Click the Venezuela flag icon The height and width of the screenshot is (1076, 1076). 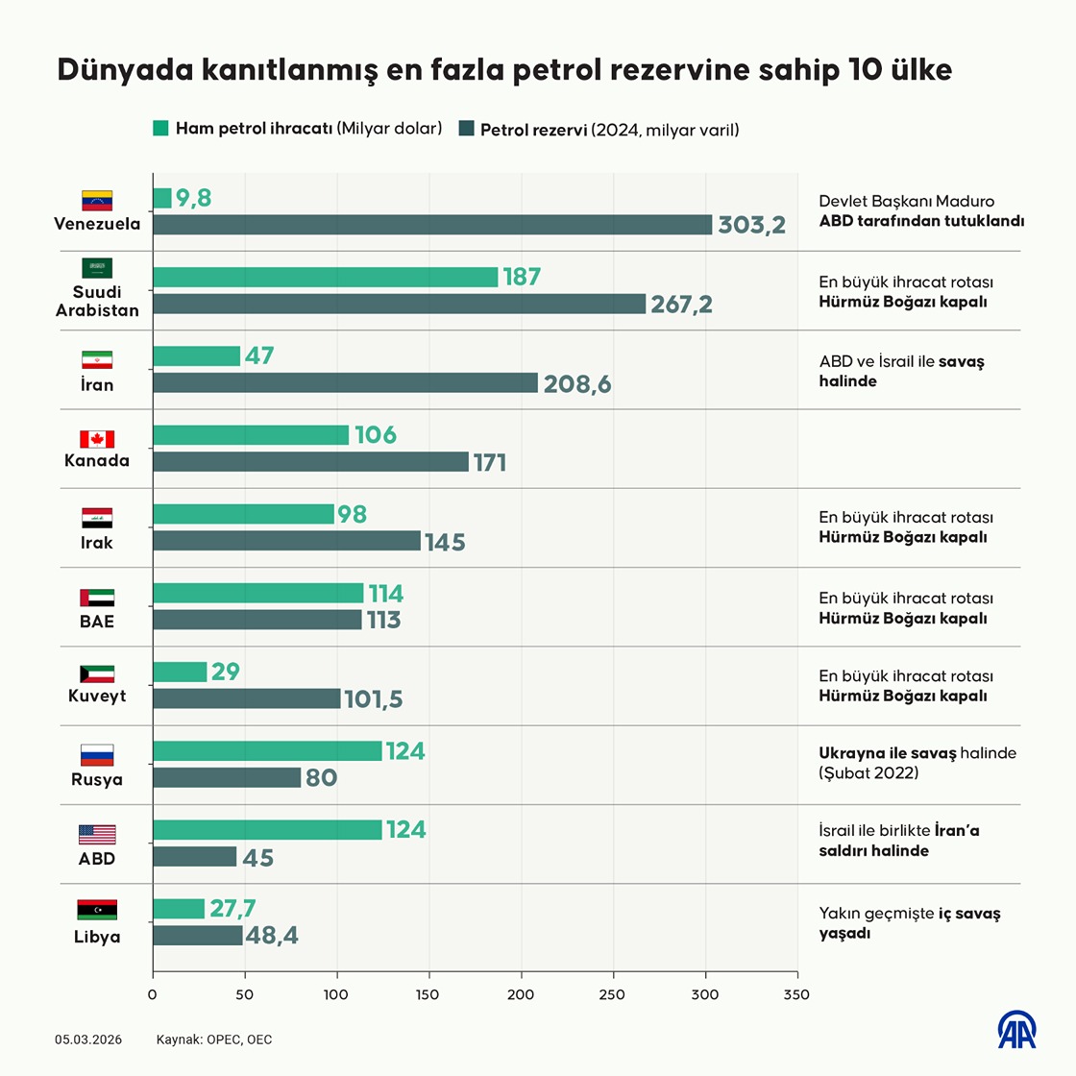coord(97,201)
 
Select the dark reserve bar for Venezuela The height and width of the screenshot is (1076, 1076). coord(432,225)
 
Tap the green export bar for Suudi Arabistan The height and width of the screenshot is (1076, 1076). coord(325,277)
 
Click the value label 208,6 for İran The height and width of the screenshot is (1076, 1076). coord(576,384)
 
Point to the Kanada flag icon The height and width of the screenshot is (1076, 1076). coord(97,439)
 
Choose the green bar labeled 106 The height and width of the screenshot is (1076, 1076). coord(251,435)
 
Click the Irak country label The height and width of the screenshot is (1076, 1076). coord(97,543)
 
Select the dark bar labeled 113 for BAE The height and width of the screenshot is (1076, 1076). coord(257,620)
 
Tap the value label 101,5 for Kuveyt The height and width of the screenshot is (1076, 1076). coord(373,699)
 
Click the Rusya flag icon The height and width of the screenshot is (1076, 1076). coord(97,755)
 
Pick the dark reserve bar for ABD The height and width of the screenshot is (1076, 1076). coord(195,857)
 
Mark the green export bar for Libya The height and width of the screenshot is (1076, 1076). coord(179,908)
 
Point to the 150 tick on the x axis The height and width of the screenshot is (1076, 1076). coord(428,994)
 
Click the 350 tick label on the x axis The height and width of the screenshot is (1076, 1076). coord(796,994)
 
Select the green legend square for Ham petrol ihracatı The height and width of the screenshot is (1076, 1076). coord(160,128)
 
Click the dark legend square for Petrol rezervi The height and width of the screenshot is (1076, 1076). coord(467,129)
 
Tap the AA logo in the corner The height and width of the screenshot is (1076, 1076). coord(1016,1030)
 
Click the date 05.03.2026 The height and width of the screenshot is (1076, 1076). coord(88,1039)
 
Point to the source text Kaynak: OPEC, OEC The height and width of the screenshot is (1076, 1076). coord(214,1039)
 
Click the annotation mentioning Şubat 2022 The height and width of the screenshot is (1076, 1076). coord(917,763)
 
